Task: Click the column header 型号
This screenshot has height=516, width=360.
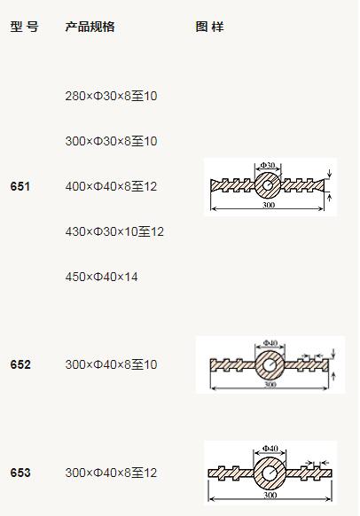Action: tap(24, 27)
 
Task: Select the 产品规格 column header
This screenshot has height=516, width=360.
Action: tap(90, 27)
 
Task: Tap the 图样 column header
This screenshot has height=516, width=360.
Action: tap(209, 27)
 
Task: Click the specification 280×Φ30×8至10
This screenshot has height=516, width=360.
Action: tap(111, 96)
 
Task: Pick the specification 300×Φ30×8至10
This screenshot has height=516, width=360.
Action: tap(111, 141)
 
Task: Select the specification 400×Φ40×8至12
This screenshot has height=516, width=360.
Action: tap(111, 186)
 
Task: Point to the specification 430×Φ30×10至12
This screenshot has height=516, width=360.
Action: tap(114, 231)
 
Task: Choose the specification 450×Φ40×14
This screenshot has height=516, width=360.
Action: tap(101, 277)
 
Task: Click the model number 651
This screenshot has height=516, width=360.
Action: tap(20, 186)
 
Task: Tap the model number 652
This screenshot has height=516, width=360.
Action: tap(20, 364)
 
